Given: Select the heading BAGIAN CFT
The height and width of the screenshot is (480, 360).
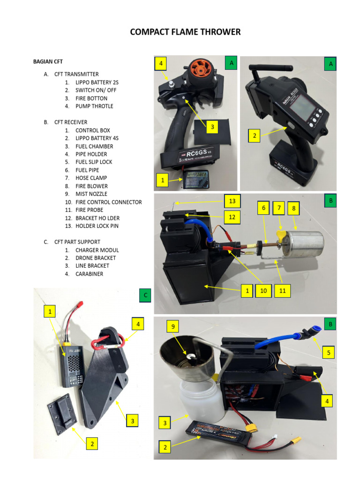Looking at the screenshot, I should (x=48, y=62).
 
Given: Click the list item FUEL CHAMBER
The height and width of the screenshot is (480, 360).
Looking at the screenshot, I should (x=94, y=146).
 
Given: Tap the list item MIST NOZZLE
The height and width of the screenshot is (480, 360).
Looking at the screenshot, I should (x=91, y=194).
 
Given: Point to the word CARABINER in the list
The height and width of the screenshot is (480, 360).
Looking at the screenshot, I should (x=89, y=274).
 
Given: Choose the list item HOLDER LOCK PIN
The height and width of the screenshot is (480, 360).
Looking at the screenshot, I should (x=97, y=226).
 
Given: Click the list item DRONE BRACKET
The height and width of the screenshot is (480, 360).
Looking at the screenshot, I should (x=96, y=258).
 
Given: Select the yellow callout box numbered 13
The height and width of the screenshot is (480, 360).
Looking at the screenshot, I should (x=232, y=202).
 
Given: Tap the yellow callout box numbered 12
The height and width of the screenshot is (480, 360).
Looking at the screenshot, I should (x=232, y=217).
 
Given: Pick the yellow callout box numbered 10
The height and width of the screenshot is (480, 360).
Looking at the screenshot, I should (x=264, y=291).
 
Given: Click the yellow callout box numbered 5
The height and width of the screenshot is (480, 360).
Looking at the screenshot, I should (x=329, y=352).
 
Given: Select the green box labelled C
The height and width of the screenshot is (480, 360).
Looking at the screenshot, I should (x=146, y=295).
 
